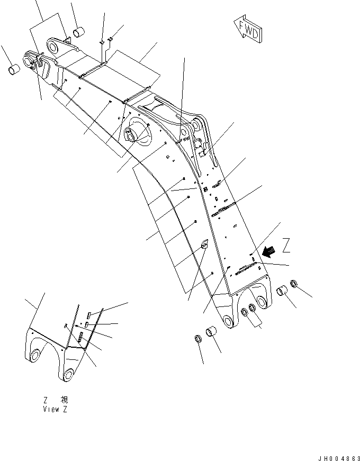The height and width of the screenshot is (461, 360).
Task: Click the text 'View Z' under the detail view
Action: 56,409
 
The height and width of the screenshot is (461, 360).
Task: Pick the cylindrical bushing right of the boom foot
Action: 283,291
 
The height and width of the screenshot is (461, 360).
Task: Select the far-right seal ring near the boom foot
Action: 296,286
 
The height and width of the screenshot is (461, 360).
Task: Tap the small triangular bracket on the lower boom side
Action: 204,244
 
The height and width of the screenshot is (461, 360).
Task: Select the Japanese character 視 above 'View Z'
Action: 64,401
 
